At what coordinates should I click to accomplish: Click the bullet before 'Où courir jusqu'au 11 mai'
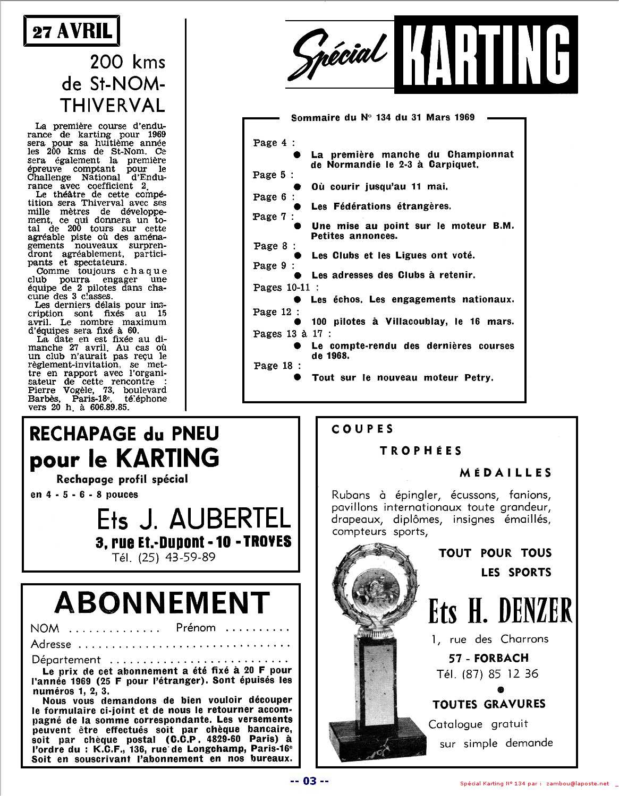click(299, 186)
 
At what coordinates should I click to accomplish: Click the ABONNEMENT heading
click(162, 603)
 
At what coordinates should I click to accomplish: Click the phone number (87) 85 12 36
click(487, 673)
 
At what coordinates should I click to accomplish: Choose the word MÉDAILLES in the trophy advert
click(505, 472)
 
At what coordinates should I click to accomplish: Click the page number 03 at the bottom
click(310, 781)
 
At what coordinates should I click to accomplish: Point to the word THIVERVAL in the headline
click(112, 105)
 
